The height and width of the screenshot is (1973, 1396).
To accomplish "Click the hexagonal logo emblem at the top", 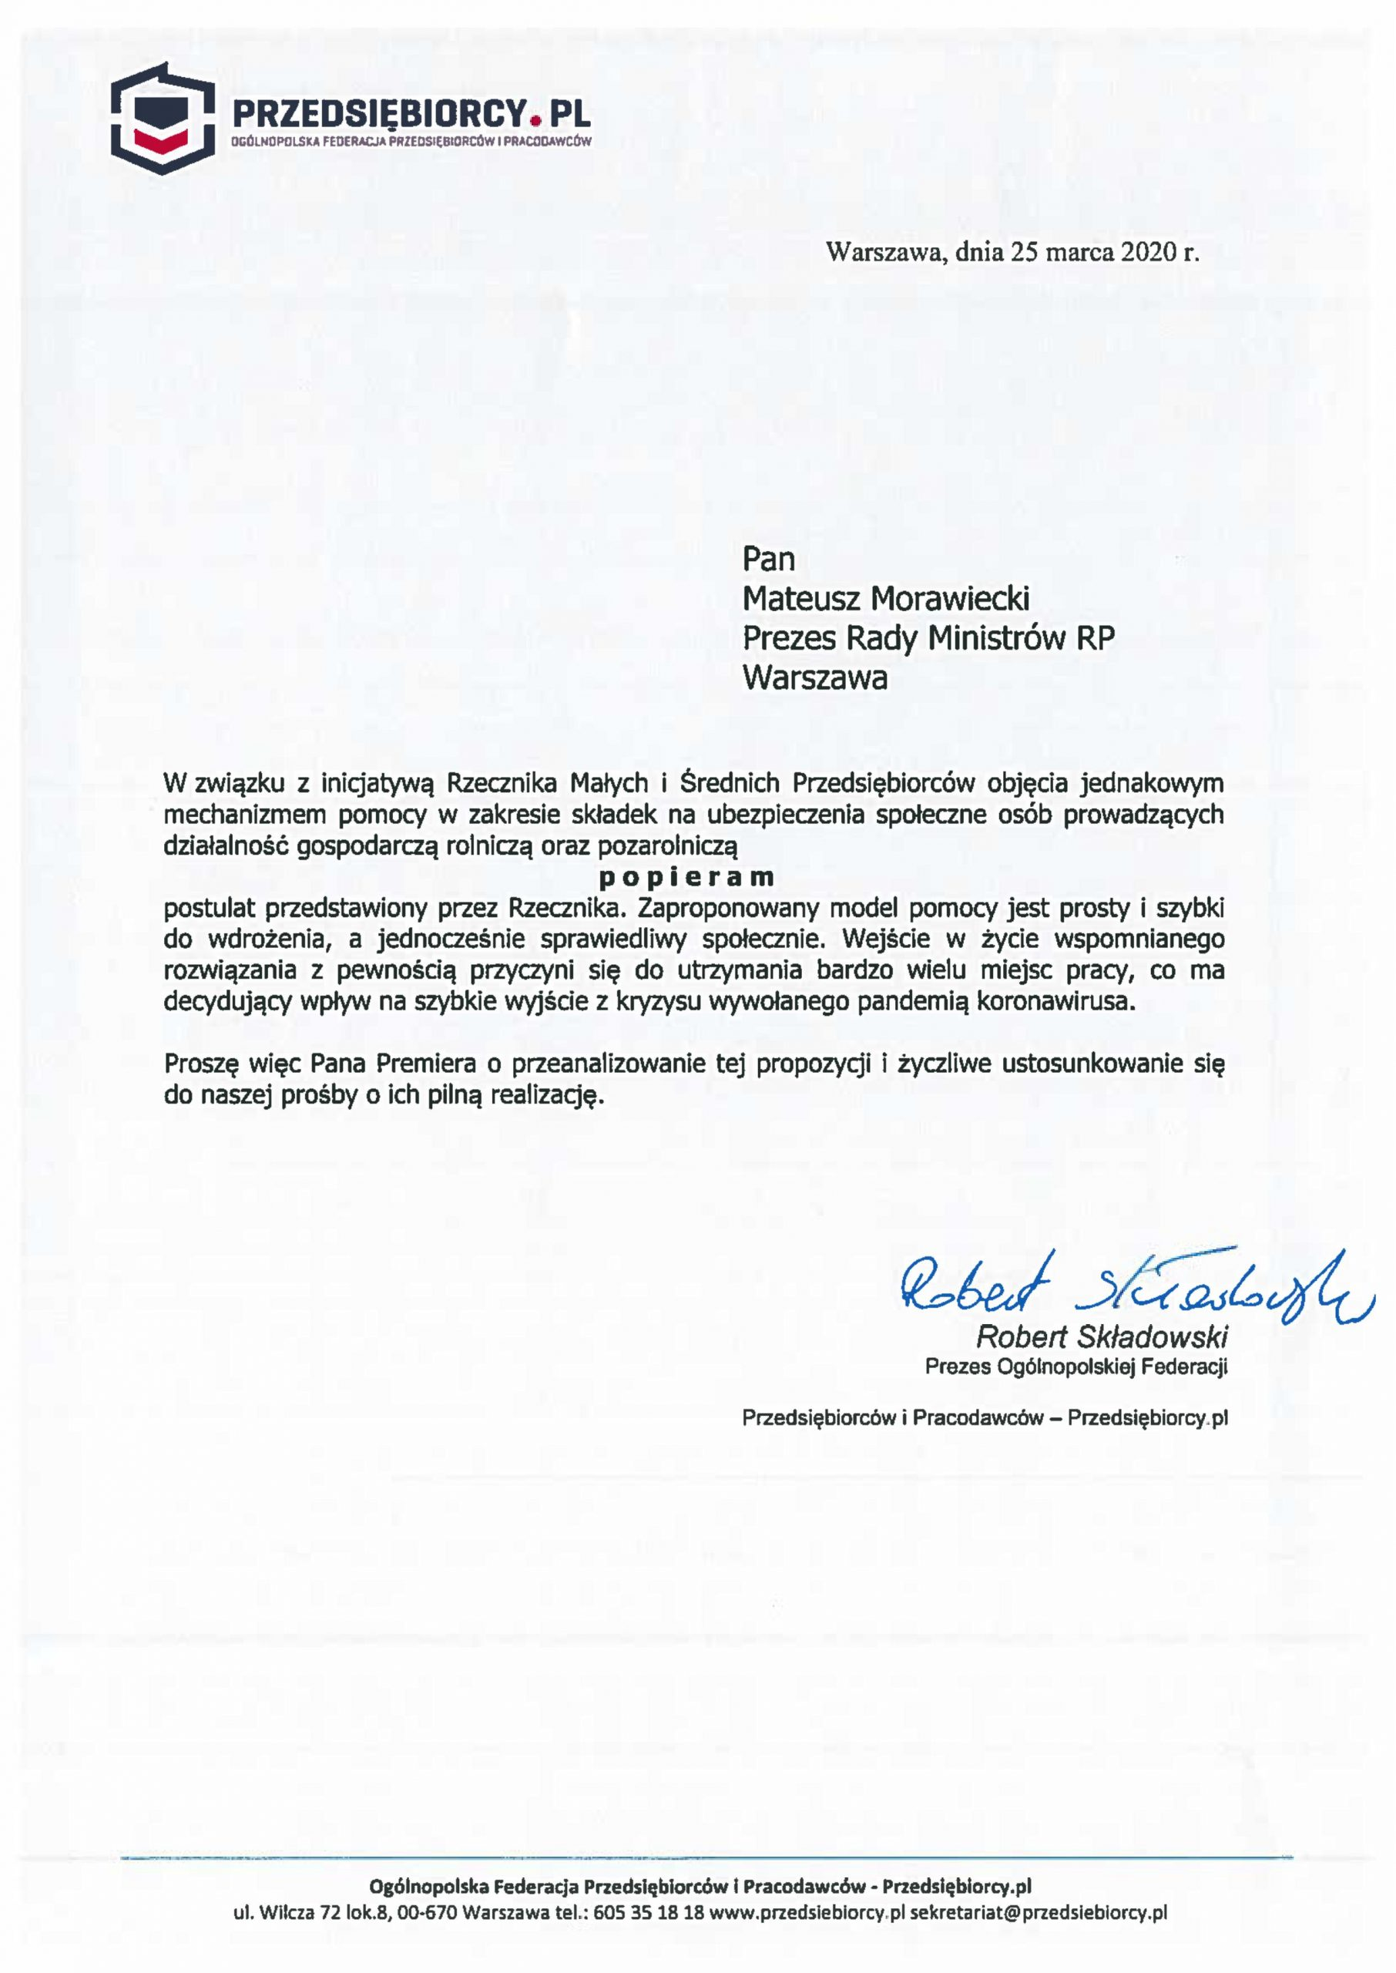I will pos(163,118).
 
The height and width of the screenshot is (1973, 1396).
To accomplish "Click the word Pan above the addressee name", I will pos(767,559).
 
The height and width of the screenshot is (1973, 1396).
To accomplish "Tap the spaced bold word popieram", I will pos(686,877).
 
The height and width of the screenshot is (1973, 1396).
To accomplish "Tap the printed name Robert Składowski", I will pos(1101,1337).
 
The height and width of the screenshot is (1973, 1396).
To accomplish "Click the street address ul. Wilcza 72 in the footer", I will pos(297,1913).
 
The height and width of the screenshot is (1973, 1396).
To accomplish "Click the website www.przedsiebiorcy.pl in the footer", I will pos(807,1913).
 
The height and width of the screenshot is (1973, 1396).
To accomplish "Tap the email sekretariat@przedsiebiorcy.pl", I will pos(1038,1913).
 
